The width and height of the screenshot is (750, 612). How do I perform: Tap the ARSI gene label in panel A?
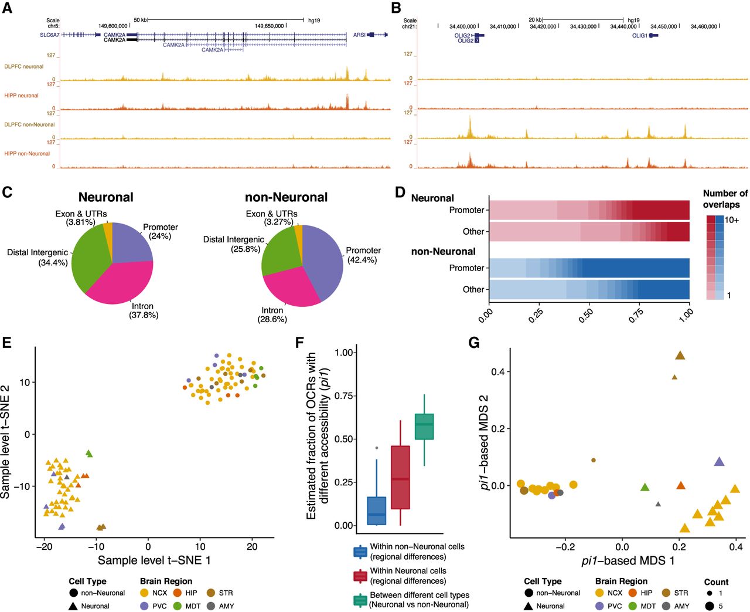tap(359, 35)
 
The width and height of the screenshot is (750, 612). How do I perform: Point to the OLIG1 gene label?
tap(639, 36)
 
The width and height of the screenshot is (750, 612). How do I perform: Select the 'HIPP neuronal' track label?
tap(21, 96)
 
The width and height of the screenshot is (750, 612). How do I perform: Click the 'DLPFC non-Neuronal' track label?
tap(29, 124)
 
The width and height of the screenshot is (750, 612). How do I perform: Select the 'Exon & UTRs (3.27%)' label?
tap(271, 218)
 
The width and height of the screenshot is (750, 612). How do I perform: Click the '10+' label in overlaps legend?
tap(732, 220)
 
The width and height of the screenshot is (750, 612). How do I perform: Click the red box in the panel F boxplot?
tap(400, 477)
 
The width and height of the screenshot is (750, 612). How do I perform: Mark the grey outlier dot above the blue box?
tap(377, 448)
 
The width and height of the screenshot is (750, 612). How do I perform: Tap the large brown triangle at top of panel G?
tap(680, 356)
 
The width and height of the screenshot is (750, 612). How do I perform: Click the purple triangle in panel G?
tap(720, 462)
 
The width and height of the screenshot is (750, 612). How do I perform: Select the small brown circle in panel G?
tap(594, 460)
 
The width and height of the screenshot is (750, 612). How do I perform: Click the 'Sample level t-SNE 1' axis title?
tap(154, 560)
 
